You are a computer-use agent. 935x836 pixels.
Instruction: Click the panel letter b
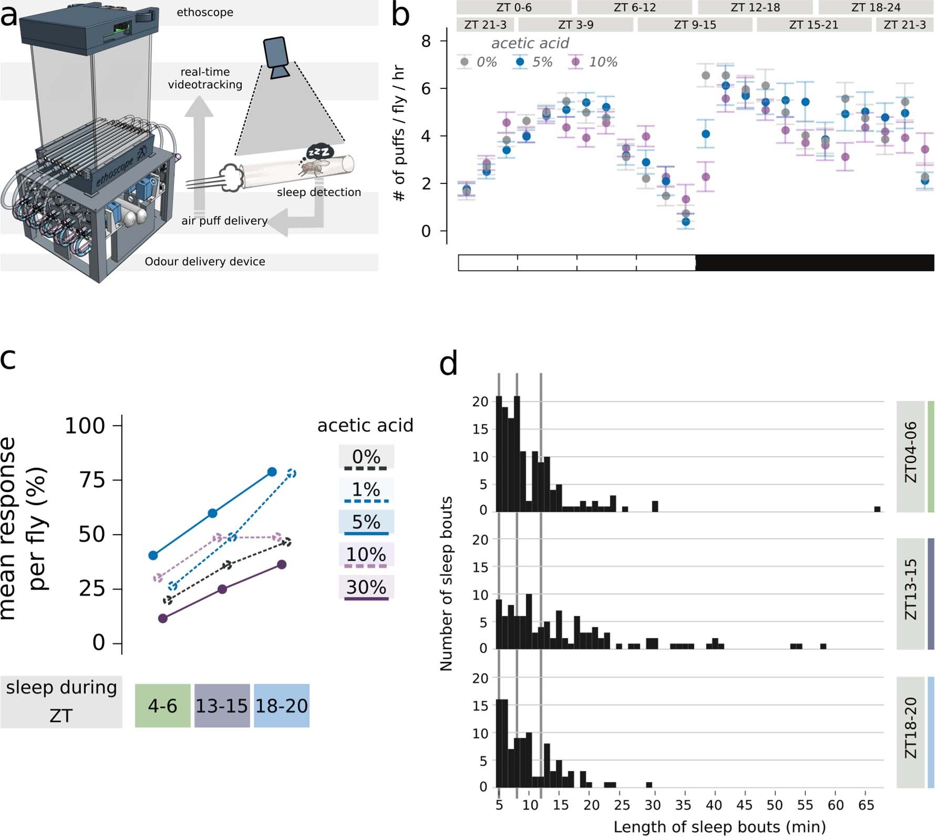coord(400,16)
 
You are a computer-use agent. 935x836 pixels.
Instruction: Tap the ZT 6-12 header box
coord(634,7)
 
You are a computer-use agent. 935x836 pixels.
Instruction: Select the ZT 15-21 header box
coord(813,25)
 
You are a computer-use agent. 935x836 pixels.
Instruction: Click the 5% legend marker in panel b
coord(520,62)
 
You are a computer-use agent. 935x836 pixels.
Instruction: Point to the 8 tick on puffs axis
coord(426,41)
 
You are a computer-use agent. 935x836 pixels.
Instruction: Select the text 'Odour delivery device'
coord(205,262)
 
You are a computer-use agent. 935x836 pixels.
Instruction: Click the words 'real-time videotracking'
coord(205,78)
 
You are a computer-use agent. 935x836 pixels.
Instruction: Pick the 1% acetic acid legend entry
coord(366,490)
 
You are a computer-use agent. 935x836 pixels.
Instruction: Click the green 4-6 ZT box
coord(162,706)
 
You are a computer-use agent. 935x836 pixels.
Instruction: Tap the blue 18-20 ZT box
coord(282,706)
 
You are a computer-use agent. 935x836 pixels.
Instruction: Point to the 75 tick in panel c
coord(92,480)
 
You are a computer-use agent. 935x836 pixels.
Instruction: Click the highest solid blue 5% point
coord(272,472)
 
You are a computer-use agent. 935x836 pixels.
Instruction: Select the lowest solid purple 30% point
coord(163,618)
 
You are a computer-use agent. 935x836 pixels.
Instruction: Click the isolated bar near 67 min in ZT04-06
coord(877,509)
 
